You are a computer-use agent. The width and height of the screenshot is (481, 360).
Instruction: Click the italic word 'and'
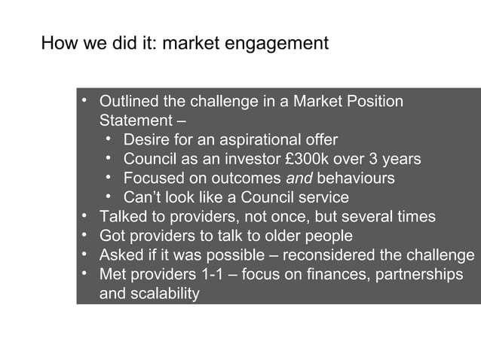point(299,178)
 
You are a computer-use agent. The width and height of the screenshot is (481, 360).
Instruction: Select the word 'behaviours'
point(355,178)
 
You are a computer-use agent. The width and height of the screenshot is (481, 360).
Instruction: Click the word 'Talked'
point(122,217)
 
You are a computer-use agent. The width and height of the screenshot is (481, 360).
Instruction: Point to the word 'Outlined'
point(130,101)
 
